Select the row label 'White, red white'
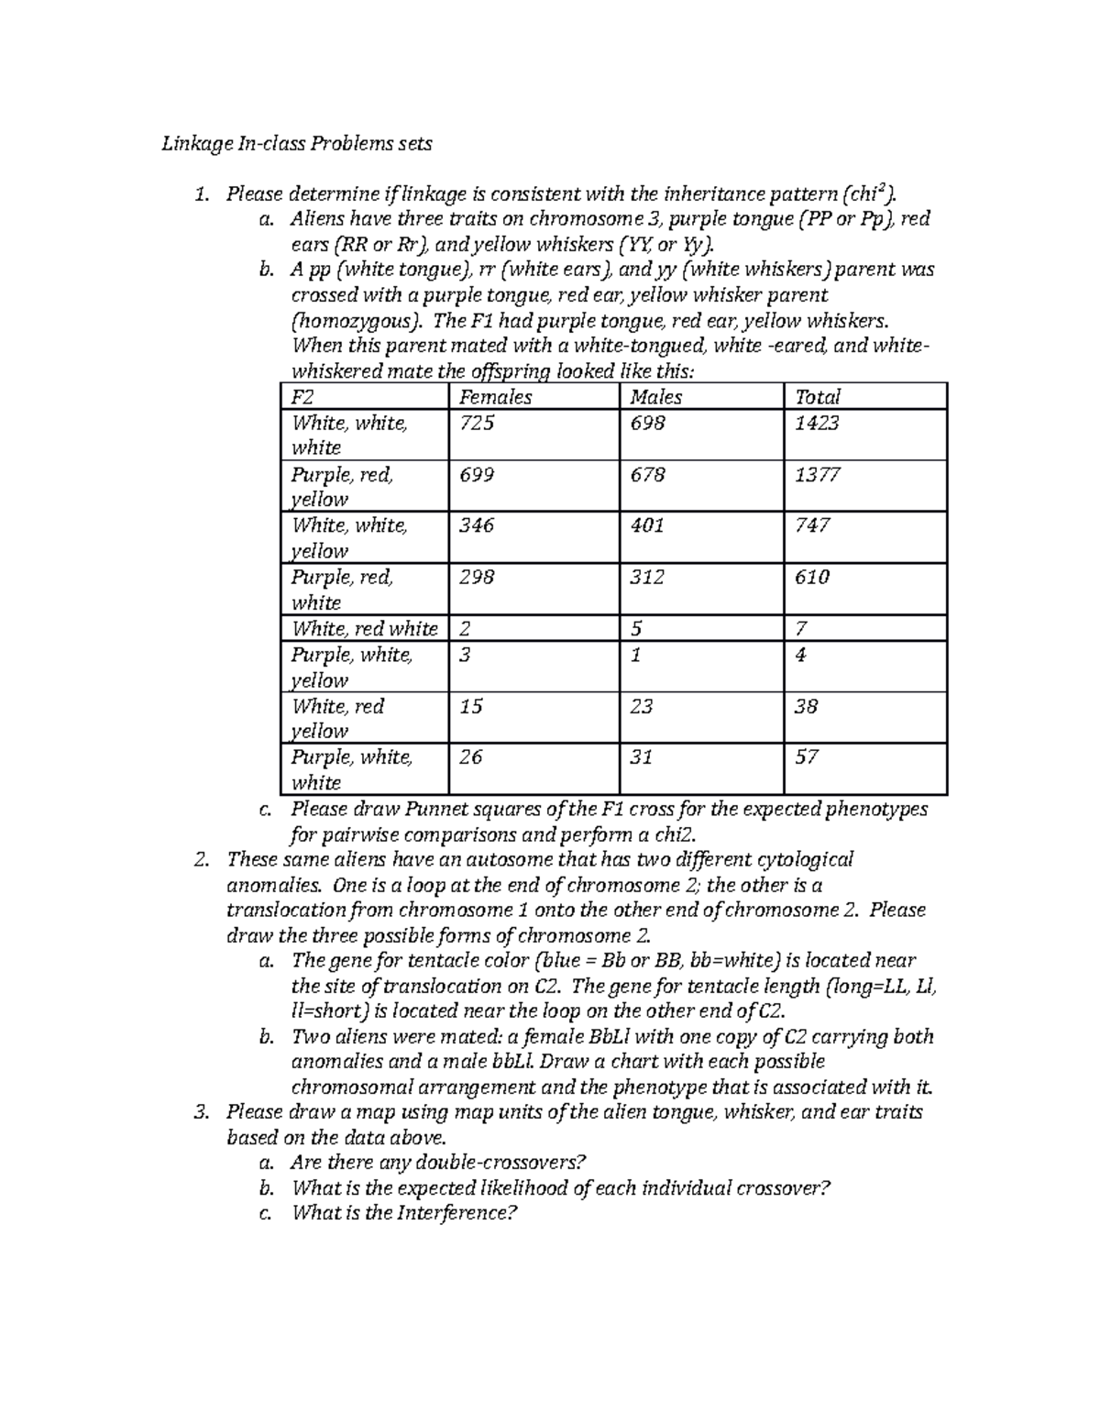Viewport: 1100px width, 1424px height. pyautogui.click(x=364, y=629)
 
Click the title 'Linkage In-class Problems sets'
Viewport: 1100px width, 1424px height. pyautogui.click(x=296, y=144)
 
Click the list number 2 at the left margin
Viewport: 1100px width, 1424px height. pyautogui.click(x=201, y=860)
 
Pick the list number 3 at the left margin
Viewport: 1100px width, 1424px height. pyautogui.click(x=201, y=1112)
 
